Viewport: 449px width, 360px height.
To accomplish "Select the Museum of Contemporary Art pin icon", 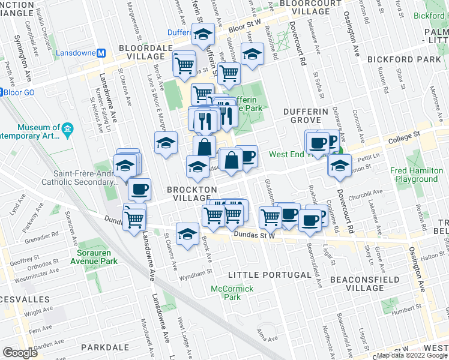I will click(x=67, y=128).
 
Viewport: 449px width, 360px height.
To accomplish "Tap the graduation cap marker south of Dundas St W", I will click(x=188, y=235).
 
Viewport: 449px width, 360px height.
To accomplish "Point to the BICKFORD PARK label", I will click(x=396, y=59).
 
